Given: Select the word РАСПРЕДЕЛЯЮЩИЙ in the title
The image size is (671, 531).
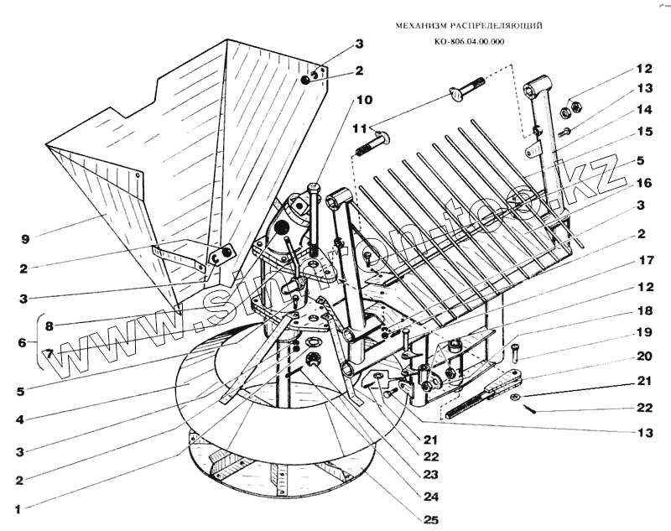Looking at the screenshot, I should coord(495,26).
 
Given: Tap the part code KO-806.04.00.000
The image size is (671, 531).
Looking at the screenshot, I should coord(470,42).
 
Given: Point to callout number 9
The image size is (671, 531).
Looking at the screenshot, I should coord(28,238).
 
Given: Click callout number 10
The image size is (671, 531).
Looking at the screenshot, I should coord(363,99).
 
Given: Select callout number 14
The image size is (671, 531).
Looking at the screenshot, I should coord(643,109).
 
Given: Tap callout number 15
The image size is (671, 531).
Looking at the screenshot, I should coord(643,132).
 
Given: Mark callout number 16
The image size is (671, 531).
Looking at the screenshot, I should coord(643,181).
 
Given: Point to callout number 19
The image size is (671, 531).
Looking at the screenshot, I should coord(643,333).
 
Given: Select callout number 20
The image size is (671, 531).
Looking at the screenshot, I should coord(643,356).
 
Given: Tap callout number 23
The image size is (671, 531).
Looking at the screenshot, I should coord(429,474).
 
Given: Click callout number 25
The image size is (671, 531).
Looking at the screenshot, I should coord(429,519).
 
